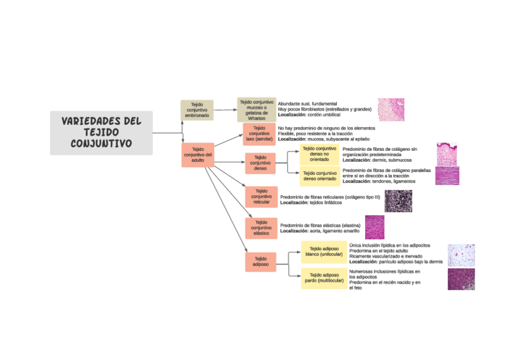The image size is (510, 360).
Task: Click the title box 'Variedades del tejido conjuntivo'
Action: pos(101,132)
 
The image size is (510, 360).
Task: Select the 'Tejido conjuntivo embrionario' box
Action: pos(197,110)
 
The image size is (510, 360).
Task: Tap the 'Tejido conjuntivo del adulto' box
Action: pos(198,155)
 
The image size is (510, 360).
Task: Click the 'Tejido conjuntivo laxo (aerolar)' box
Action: pos(259,133)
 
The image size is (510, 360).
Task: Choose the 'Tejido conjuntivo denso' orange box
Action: pos(260,162)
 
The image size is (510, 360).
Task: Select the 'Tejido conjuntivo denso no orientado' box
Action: pos(319,154)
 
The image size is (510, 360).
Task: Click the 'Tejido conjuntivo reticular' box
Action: pos(261,196)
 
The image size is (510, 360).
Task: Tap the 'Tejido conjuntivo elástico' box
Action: pos(261,228)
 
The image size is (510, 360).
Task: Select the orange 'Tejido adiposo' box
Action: pos(260,261)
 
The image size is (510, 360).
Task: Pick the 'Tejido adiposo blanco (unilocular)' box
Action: pos(324,251)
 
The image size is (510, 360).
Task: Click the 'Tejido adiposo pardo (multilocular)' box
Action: pos(324,278)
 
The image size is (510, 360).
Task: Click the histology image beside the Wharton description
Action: pos(391,109)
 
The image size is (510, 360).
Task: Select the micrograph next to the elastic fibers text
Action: pos(374,227)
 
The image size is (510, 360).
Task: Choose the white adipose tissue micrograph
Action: pos(461,255)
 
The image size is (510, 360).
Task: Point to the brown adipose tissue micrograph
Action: pos(461,279)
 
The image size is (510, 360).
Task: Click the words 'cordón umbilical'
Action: pos(322,114)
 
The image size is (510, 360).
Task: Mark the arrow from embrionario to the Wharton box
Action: pos(226,110)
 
